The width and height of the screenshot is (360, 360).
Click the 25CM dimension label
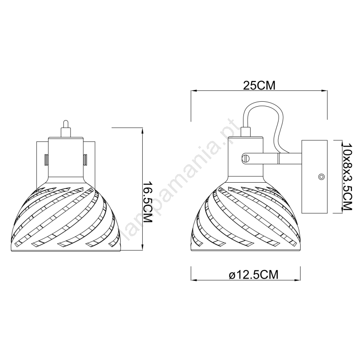click(x=259, y=85)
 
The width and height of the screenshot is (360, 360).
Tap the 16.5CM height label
click(x=148, y=202)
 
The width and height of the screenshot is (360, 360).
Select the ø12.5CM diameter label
click(x=254, y=274)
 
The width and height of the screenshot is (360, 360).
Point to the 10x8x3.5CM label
click(x=347, y=176)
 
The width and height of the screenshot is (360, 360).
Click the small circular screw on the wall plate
click(x=321, y=177)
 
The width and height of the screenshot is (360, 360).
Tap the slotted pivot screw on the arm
click(x=246, y=158)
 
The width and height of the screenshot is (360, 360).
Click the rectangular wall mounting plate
click(x=314, y=176)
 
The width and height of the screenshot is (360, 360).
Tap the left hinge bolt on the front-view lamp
click(x=46, y=160)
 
